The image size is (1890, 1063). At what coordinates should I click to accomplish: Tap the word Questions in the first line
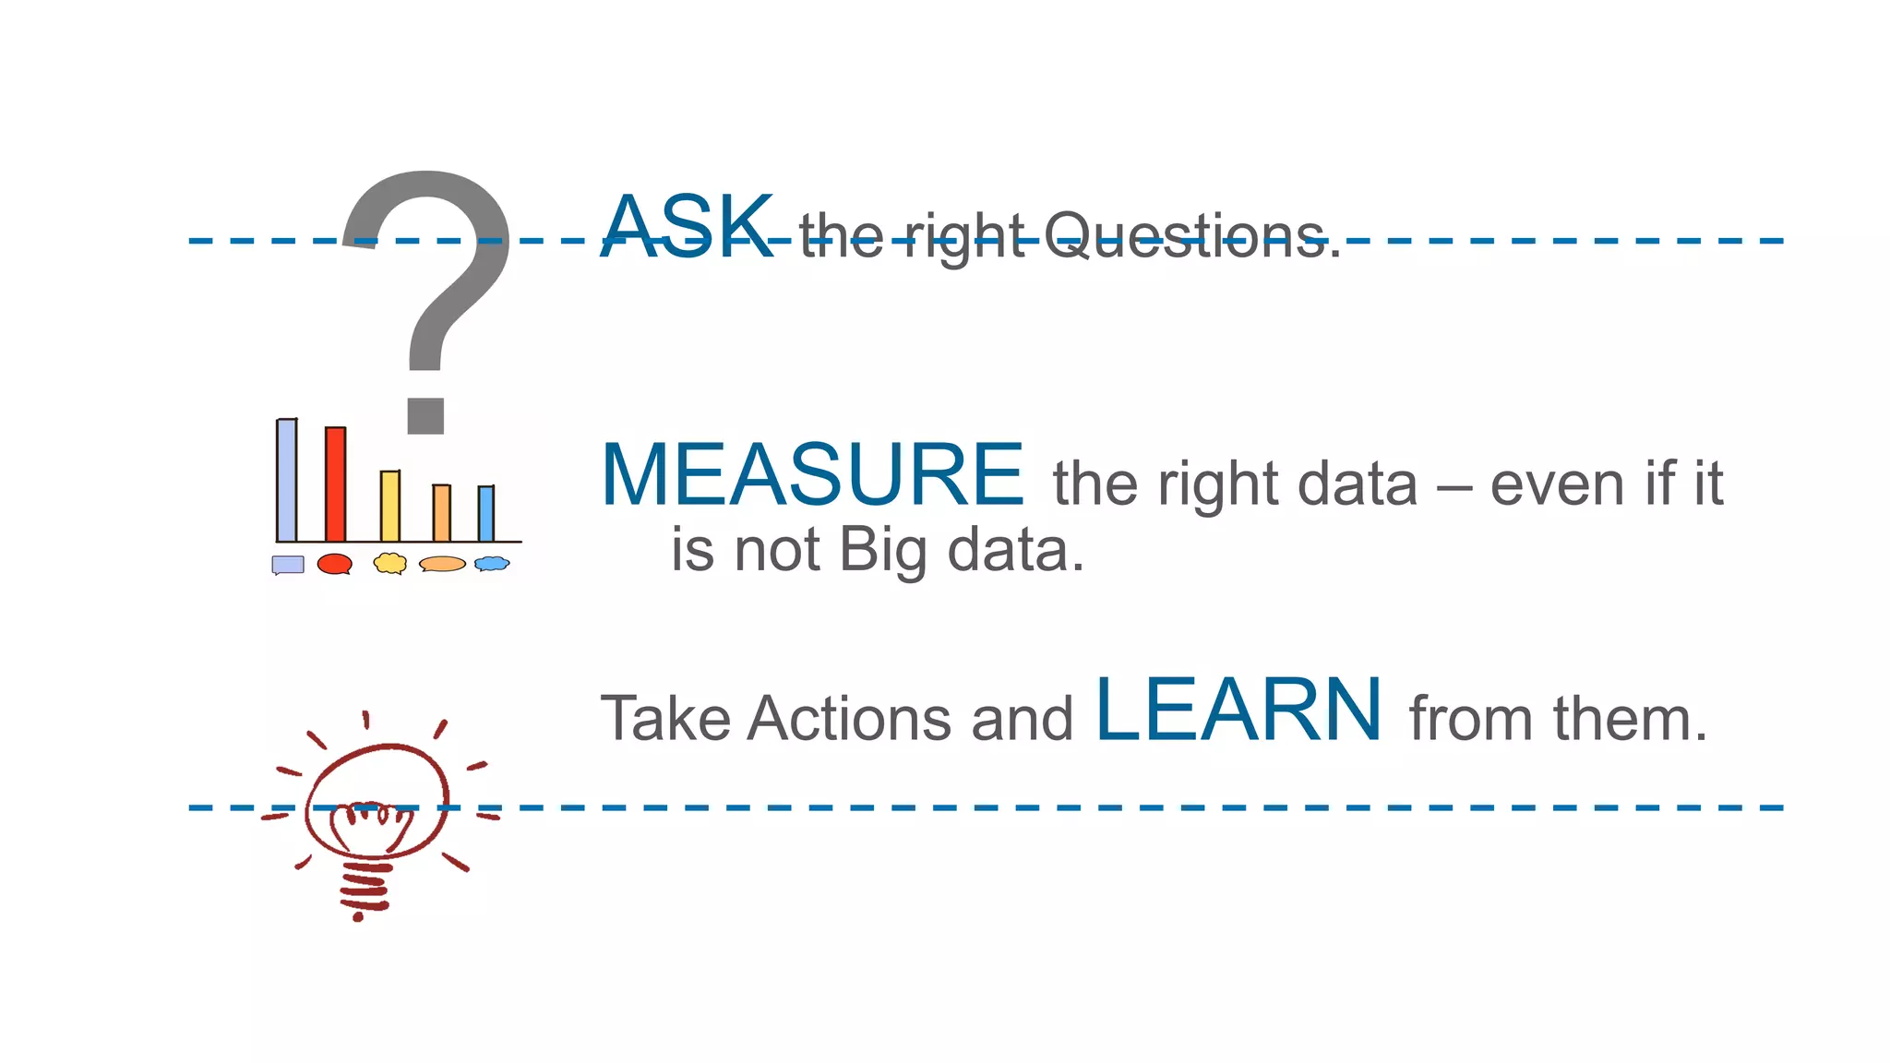[1190, 236]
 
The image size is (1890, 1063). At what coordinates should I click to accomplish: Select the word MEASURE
[812, 475]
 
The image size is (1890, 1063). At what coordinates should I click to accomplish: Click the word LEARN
[1238, 711]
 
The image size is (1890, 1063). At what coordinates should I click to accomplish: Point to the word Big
[883, 551]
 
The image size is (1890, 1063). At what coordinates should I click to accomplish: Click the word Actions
[849, 719]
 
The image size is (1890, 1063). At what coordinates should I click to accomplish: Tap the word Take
[664, 719]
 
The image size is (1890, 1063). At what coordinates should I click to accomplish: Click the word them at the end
[1630, 719]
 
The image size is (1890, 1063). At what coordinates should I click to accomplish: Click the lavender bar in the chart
[287, 480]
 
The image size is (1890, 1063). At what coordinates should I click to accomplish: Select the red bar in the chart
[335, 484]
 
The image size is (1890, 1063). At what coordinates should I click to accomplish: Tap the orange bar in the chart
[442, 513]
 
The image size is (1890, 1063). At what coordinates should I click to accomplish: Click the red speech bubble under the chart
[334, 564]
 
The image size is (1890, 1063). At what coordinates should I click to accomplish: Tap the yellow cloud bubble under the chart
[390, 563]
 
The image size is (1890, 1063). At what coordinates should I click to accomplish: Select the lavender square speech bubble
[288, 565]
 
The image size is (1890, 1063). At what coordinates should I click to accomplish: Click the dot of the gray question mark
[425, 415]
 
